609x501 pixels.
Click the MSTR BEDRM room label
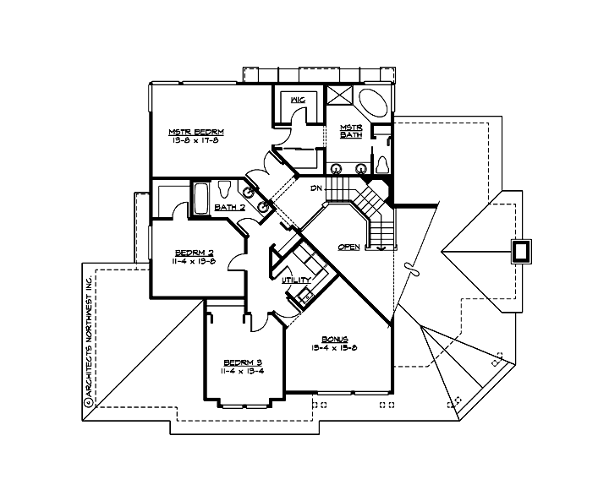coord(195,132)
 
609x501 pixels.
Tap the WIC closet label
coord(297,101)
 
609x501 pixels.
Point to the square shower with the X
coord(340,95)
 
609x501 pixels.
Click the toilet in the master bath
coord(381,162)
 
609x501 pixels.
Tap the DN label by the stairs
coord(317,188)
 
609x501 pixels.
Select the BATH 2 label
coord(229,207)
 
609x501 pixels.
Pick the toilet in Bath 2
coord(225,189)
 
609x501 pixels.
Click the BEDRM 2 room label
coord(195,253)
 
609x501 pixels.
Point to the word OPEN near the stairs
coord(348,247)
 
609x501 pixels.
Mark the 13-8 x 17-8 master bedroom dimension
coord(195,140)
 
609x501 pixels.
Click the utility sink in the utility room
coord(302,296)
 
